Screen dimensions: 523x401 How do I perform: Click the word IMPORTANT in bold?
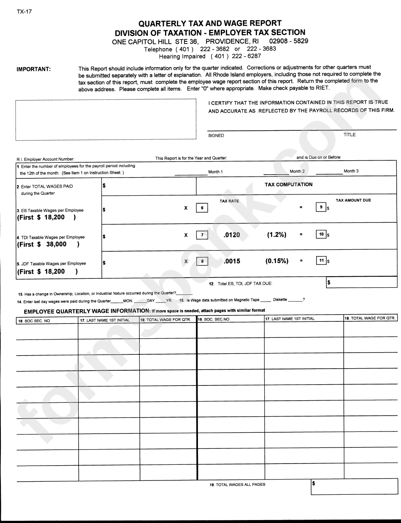click(x=33, y=70)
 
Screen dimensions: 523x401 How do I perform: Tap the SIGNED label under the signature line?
click(x=216, y=136)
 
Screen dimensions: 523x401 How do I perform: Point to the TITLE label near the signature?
click(x=350, y=135)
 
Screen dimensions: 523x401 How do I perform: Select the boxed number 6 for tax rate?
click(x=202, y=208)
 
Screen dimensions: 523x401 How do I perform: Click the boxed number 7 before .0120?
click(x=202, y=235)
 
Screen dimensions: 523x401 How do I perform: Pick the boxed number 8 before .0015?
click(x=202, y=261)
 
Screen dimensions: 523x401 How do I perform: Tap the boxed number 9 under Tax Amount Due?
click(x=321, y=207)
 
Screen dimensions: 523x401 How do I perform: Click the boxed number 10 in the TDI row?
click(x=321, y=235)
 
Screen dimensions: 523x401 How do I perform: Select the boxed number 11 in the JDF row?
click(x=321, y=261)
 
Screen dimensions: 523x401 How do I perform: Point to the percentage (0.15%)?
click(x=277, y=261)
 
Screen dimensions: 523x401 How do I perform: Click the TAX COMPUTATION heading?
click(x=288, y=184)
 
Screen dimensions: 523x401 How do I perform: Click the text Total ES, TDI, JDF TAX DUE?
click(x=247, y=284)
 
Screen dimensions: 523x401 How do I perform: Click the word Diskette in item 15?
click(x=280, y=299)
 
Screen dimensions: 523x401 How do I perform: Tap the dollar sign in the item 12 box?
click(x=329, y=282)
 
